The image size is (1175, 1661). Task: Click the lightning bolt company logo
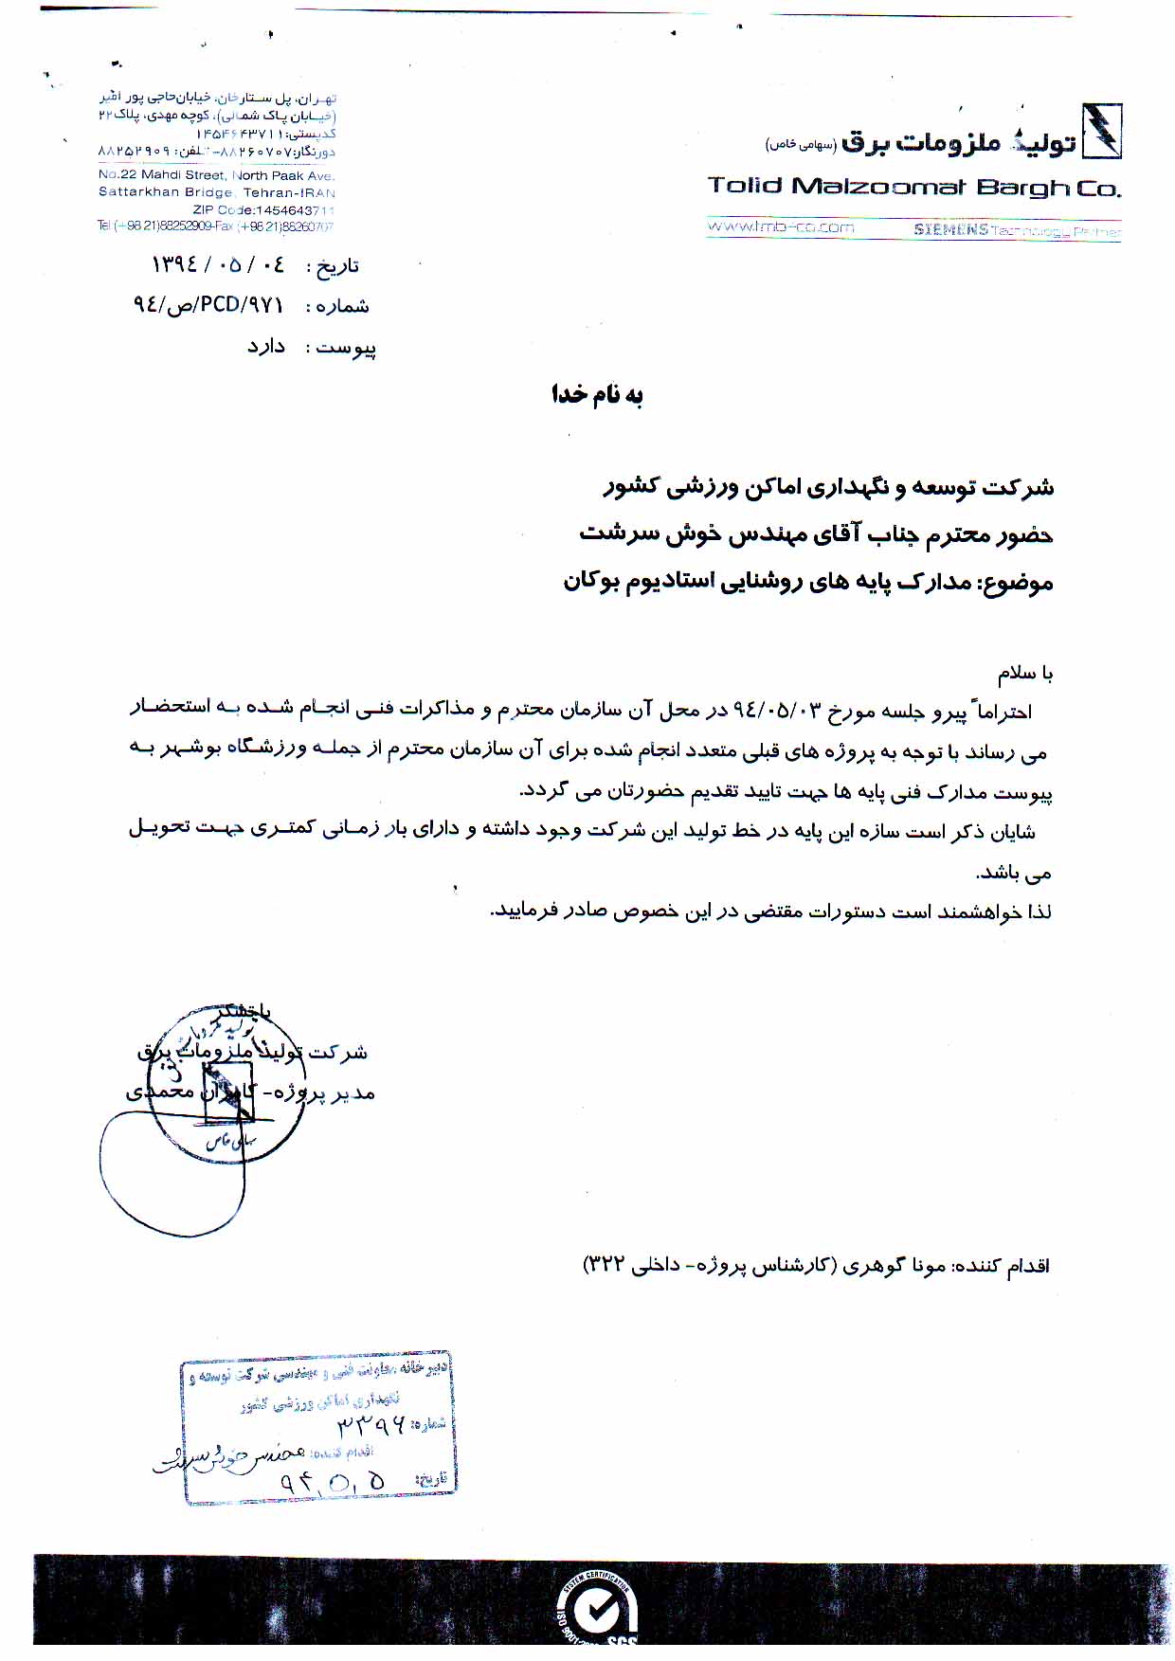click(1101, 131)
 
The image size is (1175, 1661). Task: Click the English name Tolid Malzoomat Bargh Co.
click(913, 187)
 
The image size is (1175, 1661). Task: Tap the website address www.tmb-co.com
click(781, 227)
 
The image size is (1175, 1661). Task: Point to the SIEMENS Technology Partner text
click(1016, 230)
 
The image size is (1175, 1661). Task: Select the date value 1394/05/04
click(217, 264)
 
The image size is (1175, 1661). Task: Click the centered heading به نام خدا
click(597, 394)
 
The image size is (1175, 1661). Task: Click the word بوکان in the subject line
click(593, 581)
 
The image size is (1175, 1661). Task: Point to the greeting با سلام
click(1024, 673)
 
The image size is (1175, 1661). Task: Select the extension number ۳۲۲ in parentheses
click(605, 1266)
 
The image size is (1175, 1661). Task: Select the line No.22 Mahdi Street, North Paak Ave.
click(216, 175)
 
